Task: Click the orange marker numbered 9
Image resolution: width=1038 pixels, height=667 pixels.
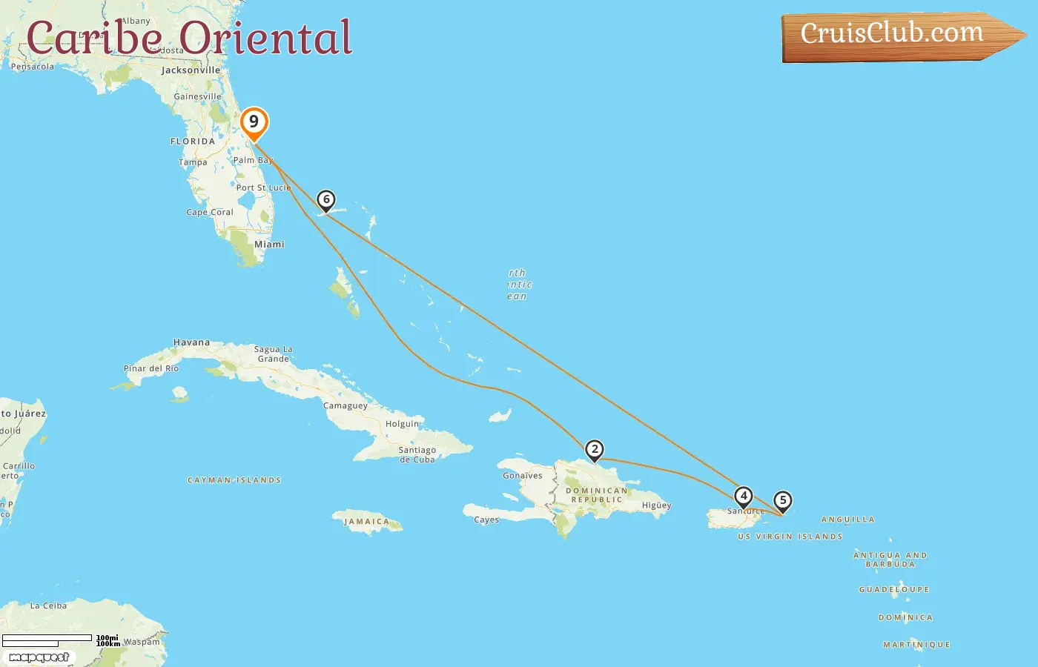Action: pos(254,122)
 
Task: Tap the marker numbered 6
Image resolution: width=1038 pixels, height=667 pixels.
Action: pos(325,199)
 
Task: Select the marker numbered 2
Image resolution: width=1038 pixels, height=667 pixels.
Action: pos(594,449)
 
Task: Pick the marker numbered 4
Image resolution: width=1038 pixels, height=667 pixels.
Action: pos(744,496)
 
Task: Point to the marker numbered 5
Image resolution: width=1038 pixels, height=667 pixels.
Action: pos(782,500)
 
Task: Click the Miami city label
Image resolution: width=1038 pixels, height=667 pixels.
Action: pos(269,244)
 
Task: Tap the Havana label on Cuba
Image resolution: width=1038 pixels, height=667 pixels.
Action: pos(191,342)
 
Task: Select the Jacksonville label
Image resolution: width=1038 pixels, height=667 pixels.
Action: pos(191,70)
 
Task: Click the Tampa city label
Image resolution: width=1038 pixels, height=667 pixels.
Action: pos(193,162)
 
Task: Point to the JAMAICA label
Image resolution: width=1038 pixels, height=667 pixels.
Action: pos(366,522)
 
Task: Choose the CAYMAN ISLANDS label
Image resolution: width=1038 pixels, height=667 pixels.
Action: pos(234,480)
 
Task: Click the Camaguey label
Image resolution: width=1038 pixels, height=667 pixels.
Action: pos(346,405)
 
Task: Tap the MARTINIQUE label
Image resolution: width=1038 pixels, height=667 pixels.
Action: pos(916,645)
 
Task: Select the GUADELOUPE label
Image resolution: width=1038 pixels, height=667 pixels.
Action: pos(893,590)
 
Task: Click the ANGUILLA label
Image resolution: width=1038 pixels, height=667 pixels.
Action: pos(847,520)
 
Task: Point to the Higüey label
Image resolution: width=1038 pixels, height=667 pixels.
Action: pos(656,505)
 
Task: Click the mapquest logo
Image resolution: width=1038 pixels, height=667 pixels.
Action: pos(39,657)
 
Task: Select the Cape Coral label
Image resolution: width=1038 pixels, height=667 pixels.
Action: pos(210,212)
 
